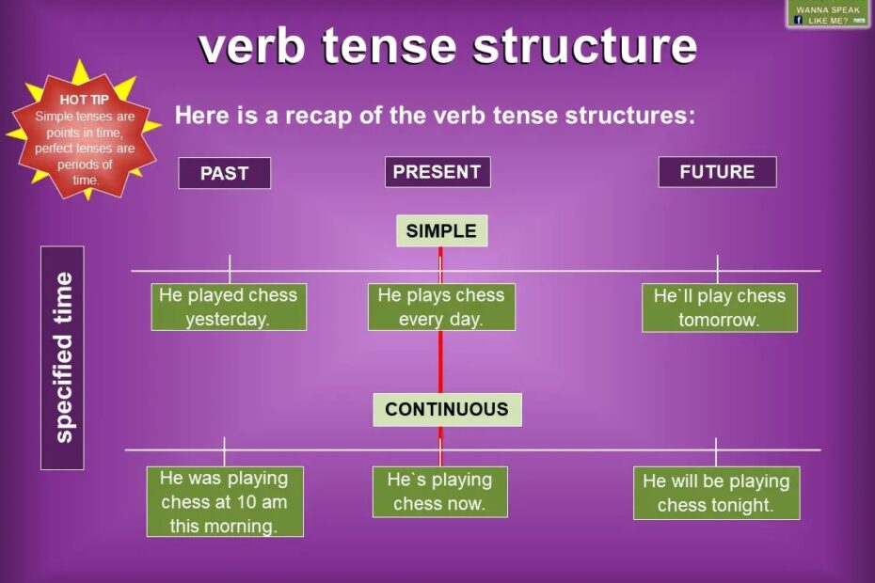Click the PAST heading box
click(224, 173)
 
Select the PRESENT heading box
click(437, 172)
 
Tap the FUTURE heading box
click(717, 172)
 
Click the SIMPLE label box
click(441, 230)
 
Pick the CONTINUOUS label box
click(447, 409)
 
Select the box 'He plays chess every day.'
click(441, 307)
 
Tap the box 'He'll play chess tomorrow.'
click(720, 307)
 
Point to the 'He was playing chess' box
click(225, 501)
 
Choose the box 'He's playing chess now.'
click(439, 492)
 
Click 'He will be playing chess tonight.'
click(716, 493)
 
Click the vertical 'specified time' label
click(62, 357)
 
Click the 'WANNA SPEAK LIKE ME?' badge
click(828, 14)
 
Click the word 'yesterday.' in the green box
click(227, 320)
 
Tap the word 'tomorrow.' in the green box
click(720, 321)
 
